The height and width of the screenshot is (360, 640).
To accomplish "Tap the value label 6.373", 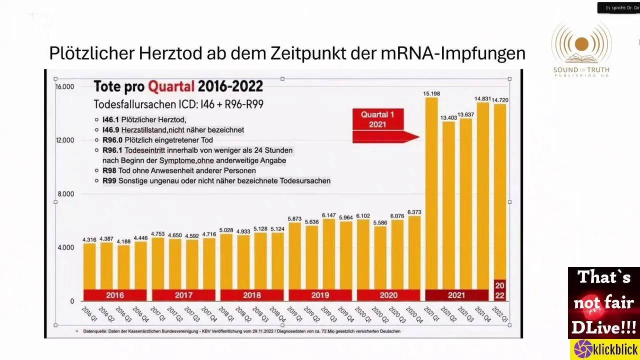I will tap(414, 212).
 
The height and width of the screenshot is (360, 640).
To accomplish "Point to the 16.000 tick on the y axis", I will tap(65, 86).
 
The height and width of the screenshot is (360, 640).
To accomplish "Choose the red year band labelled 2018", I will tap(251, 295).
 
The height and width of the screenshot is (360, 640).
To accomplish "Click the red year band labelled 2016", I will tap(114, 295).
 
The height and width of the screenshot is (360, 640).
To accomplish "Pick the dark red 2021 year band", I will tap(456, 295).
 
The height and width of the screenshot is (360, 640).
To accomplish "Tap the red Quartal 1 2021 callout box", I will tap(377, 119).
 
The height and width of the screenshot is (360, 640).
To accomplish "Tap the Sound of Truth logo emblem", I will tap(581, 44).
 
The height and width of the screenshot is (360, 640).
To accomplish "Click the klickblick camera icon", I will tap(583, 349).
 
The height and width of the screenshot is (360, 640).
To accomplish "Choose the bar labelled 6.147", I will tap(328, 255).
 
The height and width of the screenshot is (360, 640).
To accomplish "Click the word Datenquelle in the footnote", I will tap(94, 331).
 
